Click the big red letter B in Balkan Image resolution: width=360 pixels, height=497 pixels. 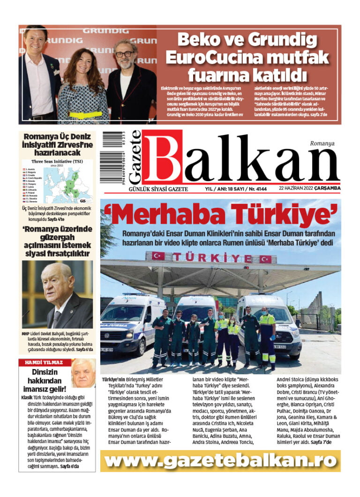[162, 158]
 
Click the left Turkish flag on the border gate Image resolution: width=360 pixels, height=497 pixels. [158, 256]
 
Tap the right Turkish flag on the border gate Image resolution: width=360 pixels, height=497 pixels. [265, 259]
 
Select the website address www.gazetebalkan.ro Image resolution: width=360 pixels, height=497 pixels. [220, 461]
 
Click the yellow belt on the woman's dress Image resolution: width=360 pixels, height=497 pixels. [85, 114]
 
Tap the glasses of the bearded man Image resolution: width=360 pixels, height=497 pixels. [125, 54]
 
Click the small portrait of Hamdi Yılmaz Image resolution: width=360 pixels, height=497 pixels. [83, 373]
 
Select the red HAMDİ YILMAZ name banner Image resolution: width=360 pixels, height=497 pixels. [45, 362]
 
